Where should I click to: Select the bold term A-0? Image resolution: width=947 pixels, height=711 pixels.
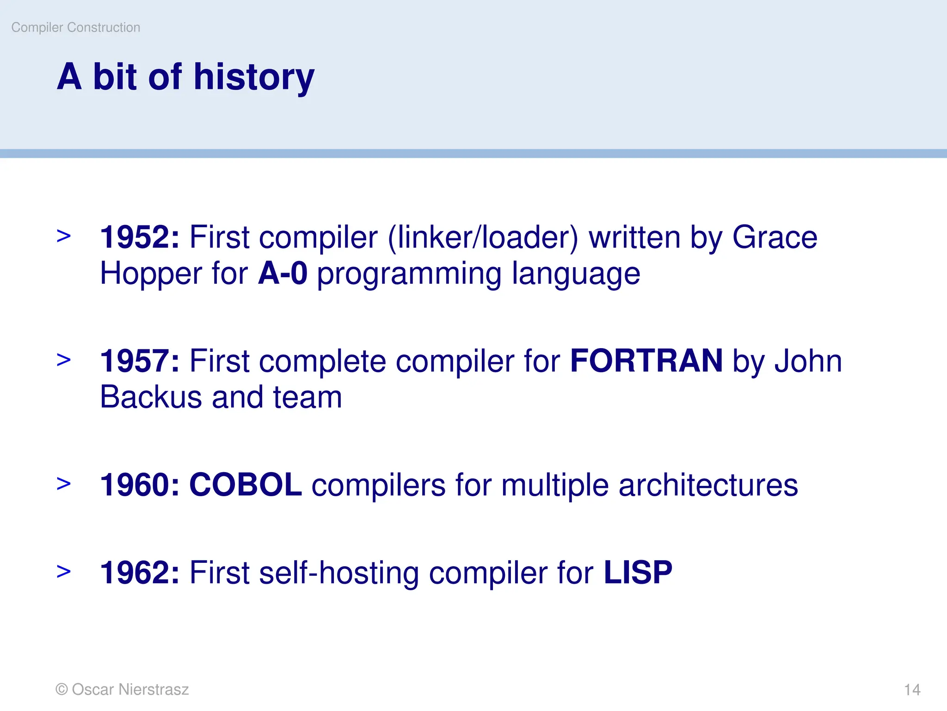(x=282, y=273)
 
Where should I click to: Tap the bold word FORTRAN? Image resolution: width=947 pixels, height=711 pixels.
(x=646, y=361)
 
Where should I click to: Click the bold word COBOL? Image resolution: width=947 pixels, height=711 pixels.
(x=246, y=485)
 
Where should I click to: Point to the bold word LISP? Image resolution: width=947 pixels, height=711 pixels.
(x=638, y=573)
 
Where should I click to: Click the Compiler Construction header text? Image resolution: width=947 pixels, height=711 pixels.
(x=76, y=27)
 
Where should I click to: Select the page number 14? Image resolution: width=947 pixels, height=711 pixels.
(x=912, y=690)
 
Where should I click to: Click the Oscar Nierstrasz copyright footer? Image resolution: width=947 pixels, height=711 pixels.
(x=123, y=689)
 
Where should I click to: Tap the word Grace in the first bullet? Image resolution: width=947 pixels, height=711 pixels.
(x=775, y=237)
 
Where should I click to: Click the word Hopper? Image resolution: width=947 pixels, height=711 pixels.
(x=151, y=274)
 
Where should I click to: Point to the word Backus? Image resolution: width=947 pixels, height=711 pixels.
(x=151, y=397)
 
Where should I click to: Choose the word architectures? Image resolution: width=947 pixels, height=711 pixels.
(x=708, y=485)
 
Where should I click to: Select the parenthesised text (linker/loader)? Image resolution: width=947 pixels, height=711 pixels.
(x=483, y=237)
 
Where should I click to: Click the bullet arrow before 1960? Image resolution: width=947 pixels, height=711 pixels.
(x=64, y=484)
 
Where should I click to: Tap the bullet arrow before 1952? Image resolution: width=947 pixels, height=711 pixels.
(x=64, y=236)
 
